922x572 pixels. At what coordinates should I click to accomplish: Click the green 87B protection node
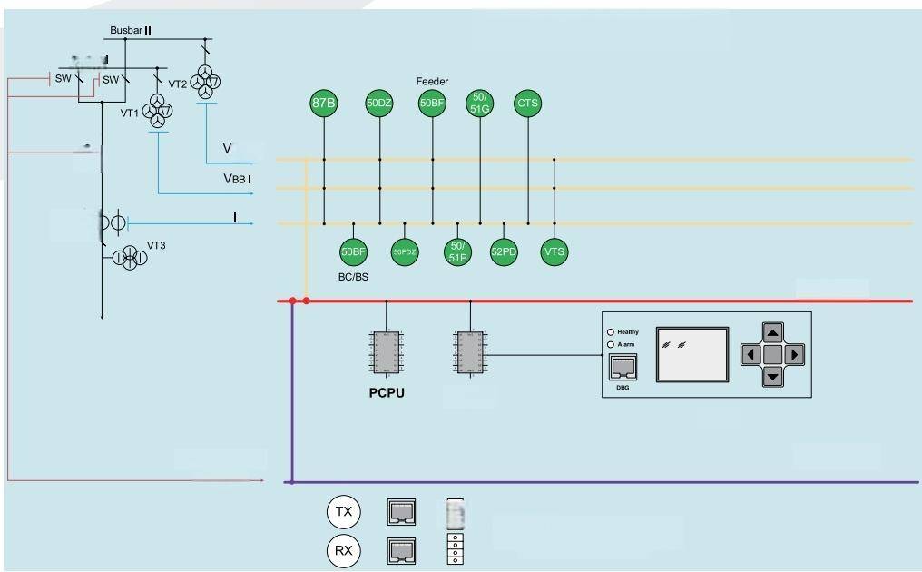pos(324,104)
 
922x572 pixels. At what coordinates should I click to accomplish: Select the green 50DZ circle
pos(379,104)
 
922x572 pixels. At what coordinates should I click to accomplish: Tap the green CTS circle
pos(527,104)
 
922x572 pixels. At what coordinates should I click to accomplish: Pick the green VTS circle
pos(554,252)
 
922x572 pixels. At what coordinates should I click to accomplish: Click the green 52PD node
pos(504,252)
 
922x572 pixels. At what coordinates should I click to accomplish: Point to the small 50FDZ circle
pos(405,252)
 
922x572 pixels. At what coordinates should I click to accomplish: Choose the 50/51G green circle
pos(480,104)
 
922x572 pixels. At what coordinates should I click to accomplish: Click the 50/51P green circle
pos(457,252)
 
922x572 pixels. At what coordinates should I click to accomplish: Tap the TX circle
pos(344,512)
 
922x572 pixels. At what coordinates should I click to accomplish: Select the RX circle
pos(344,550)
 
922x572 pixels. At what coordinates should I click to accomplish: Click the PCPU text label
pos(387,393)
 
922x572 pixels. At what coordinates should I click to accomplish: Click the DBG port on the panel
pos(623,369)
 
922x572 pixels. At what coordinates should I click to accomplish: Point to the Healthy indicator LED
pos(611,332)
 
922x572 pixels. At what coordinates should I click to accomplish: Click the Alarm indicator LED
pos(611,345)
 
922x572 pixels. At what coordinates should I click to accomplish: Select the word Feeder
pos(432,82)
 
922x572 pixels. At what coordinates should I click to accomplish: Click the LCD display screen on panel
pos(692,354)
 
